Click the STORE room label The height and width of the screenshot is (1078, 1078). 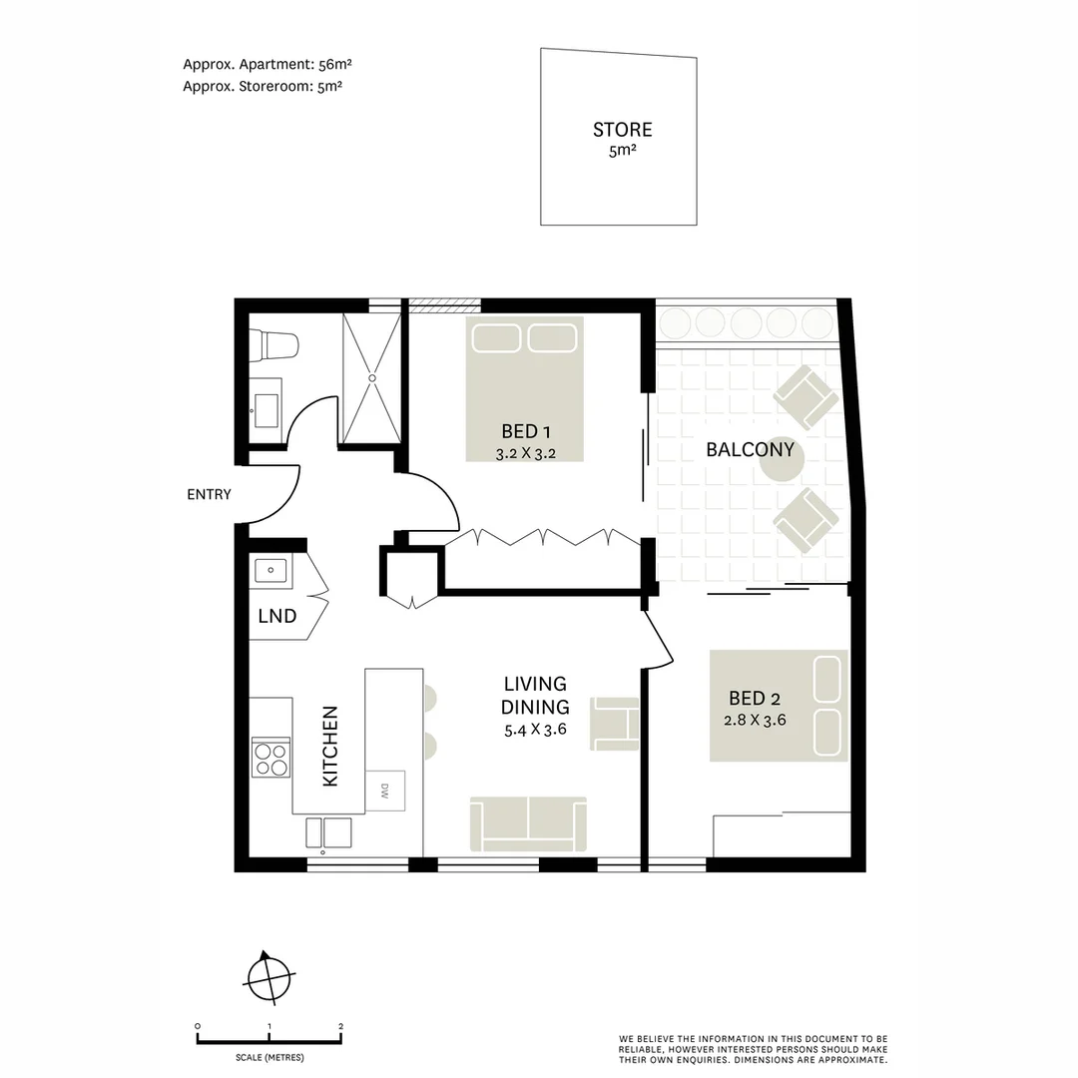pos(622,130)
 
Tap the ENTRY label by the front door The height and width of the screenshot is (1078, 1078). pos(209,494)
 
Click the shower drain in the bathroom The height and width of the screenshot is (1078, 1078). pos(373,378)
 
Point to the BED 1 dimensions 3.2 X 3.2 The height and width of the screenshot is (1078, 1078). pos(525,453)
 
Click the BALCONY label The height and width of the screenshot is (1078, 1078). pos(750,449)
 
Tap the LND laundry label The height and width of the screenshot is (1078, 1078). pos(276,616)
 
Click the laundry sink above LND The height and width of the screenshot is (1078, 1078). pos(269,571)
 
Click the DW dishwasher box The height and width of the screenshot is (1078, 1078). pos(385,791)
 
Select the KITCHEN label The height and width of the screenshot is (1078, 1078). pos(330,747)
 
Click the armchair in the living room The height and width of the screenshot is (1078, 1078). pos(616,723)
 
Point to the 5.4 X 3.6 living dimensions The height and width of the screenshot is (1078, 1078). pos(535,729)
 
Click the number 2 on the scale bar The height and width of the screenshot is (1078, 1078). pos(341,1026)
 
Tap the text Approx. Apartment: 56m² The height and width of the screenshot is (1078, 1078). pos(267,64)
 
